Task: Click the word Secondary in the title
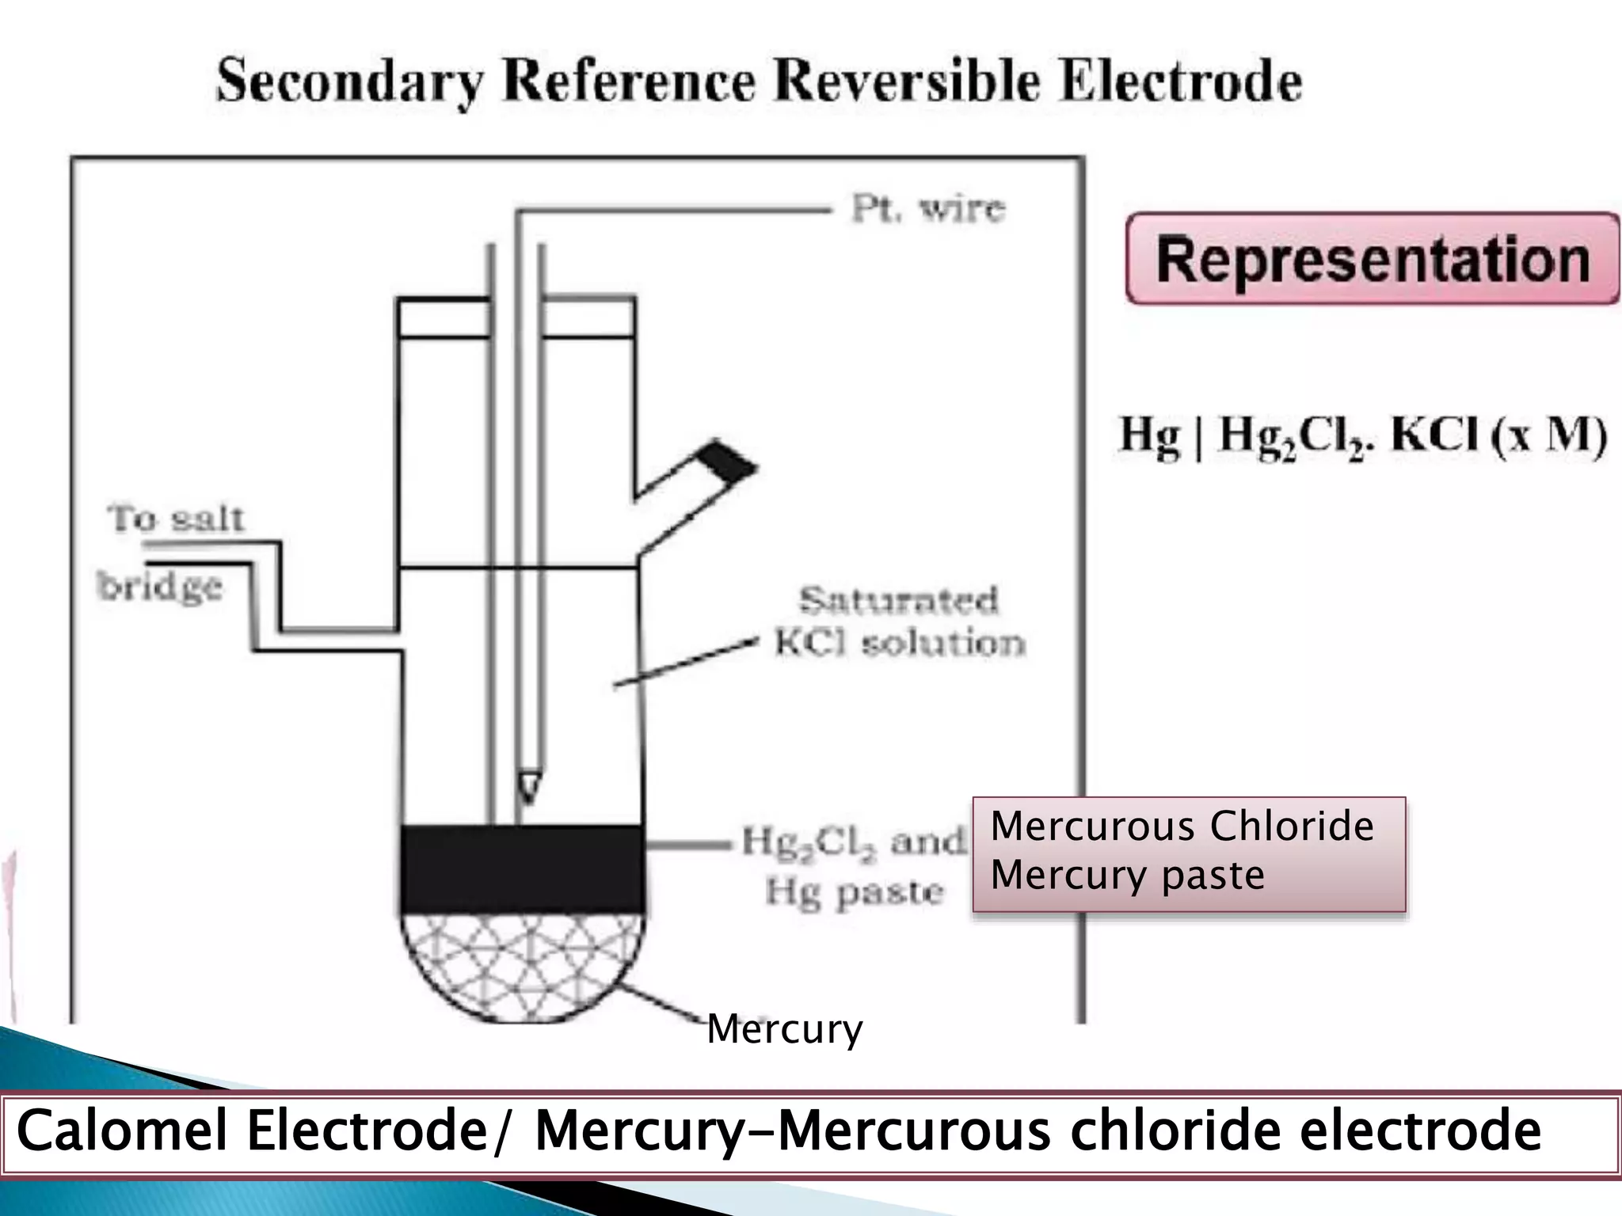(x=348, y=82)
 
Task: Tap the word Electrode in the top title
(x=1180, y=82)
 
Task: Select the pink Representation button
(x=1372, y=259)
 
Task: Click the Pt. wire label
(x=927, y=210)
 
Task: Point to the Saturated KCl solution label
(x=899, y=622)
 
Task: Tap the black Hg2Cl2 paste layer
(x=521, y=869)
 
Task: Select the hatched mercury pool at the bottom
(x=521, y=966)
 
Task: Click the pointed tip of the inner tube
(x=528, y=787)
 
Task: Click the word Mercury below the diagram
(x=784, y=1029)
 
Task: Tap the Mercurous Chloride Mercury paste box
(x=1188, y=853)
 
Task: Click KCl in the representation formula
(x=1434, y=435)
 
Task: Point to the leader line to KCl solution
(x=685, y=665)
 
